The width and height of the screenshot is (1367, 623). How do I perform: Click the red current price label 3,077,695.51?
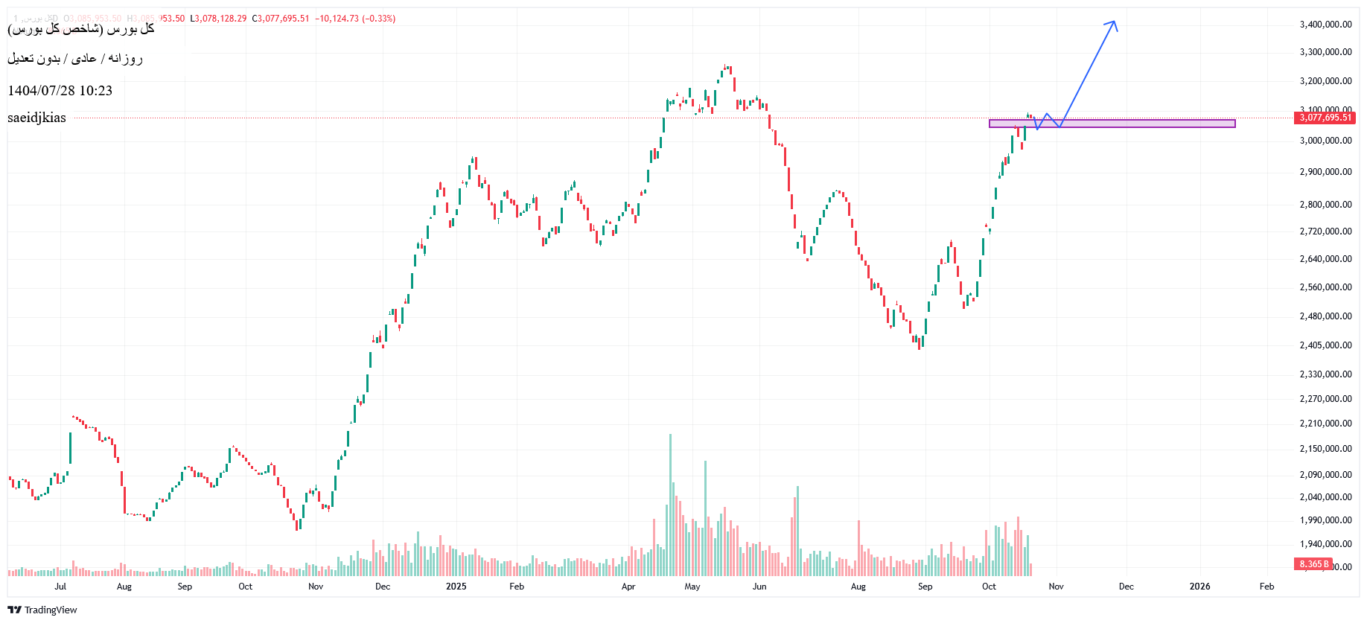(x=1325, y=118)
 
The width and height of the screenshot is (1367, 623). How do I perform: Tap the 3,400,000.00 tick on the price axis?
(x=1325, y=25)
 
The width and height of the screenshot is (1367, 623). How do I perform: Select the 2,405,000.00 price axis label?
(x=1325, y=345)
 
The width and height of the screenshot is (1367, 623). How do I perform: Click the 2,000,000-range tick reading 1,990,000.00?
(x=1325, y=520)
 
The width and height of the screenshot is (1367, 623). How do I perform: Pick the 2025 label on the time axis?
(x=456, y=587)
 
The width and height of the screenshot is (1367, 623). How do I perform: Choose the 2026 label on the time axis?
(x=1199, y=587)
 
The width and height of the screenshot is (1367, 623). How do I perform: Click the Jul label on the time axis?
(x=60, y=587)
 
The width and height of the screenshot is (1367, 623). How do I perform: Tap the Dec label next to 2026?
(x=1127, y=587)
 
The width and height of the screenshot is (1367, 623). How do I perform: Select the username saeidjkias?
(x=37, y=118)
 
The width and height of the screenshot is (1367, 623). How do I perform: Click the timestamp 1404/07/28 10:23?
(x=60, y=91)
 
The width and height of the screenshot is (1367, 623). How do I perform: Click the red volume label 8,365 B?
(x=1314, y=564)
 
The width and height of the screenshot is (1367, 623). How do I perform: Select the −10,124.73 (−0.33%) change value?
(x=355, y=19)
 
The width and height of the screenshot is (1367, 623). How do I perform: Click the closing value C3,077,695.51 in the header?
(x=281, y=19)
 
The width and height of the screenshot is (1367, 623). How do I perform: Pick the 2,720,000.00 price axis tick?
(x=1325, y=231)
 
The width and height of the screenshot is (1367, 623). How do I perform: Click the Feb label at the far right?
(x=1266, y=587)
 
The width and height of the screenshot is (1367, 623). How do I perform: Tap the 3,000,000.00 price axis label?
(x=1325, y=141)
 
